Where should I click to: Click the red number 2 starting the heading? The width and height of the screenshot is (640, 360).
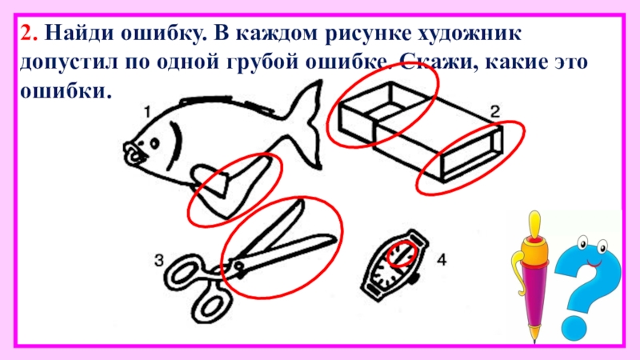point(29,33)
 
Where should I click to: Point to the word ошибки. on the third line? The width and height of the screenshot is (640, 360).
point(66,90)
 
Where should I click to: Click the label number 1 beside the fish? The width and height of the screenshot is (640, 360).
point(148,112)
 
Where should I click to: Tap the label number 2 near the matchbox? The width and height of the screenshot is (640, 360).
point(494,111)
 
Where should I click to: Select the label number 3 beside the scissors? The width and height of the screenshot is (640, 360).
point(158,260)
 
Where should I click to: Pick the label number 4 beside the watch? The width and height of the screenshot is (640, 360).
point(442,259)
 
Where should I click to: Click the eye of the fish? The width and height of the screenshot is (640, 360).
point(154,143)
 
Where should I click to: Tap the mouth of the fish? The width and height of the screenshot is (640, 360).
point(133,154)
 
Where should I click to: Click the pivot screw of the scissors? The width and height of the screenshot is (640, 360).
point(238,266)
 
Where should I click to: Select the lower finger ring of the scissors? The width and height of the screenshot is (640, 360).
point(211,304)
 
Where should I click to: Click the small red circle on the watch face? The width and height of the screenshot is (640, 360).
point(402,254)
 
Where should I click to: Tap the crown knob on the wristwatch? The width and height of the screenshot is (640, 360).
point(415,279)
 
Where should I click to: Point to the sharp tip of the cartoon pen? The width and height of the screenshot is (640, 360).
point(534,338)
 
